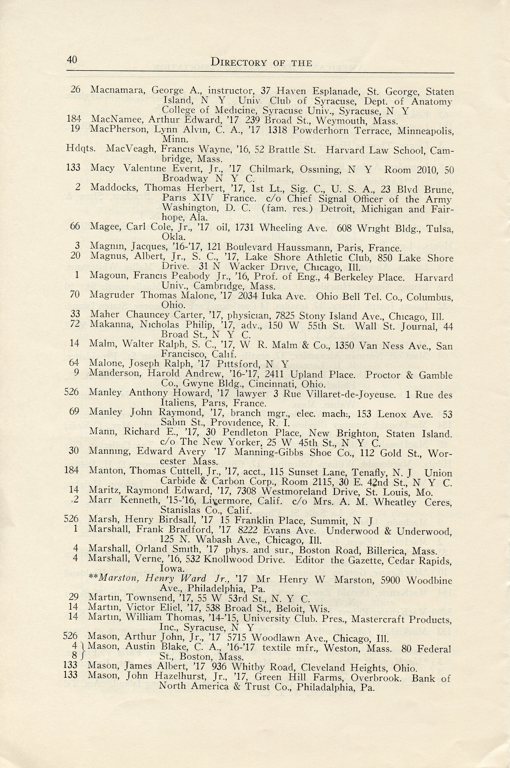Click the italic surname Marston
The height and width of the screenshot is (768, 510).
(119, 579)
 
